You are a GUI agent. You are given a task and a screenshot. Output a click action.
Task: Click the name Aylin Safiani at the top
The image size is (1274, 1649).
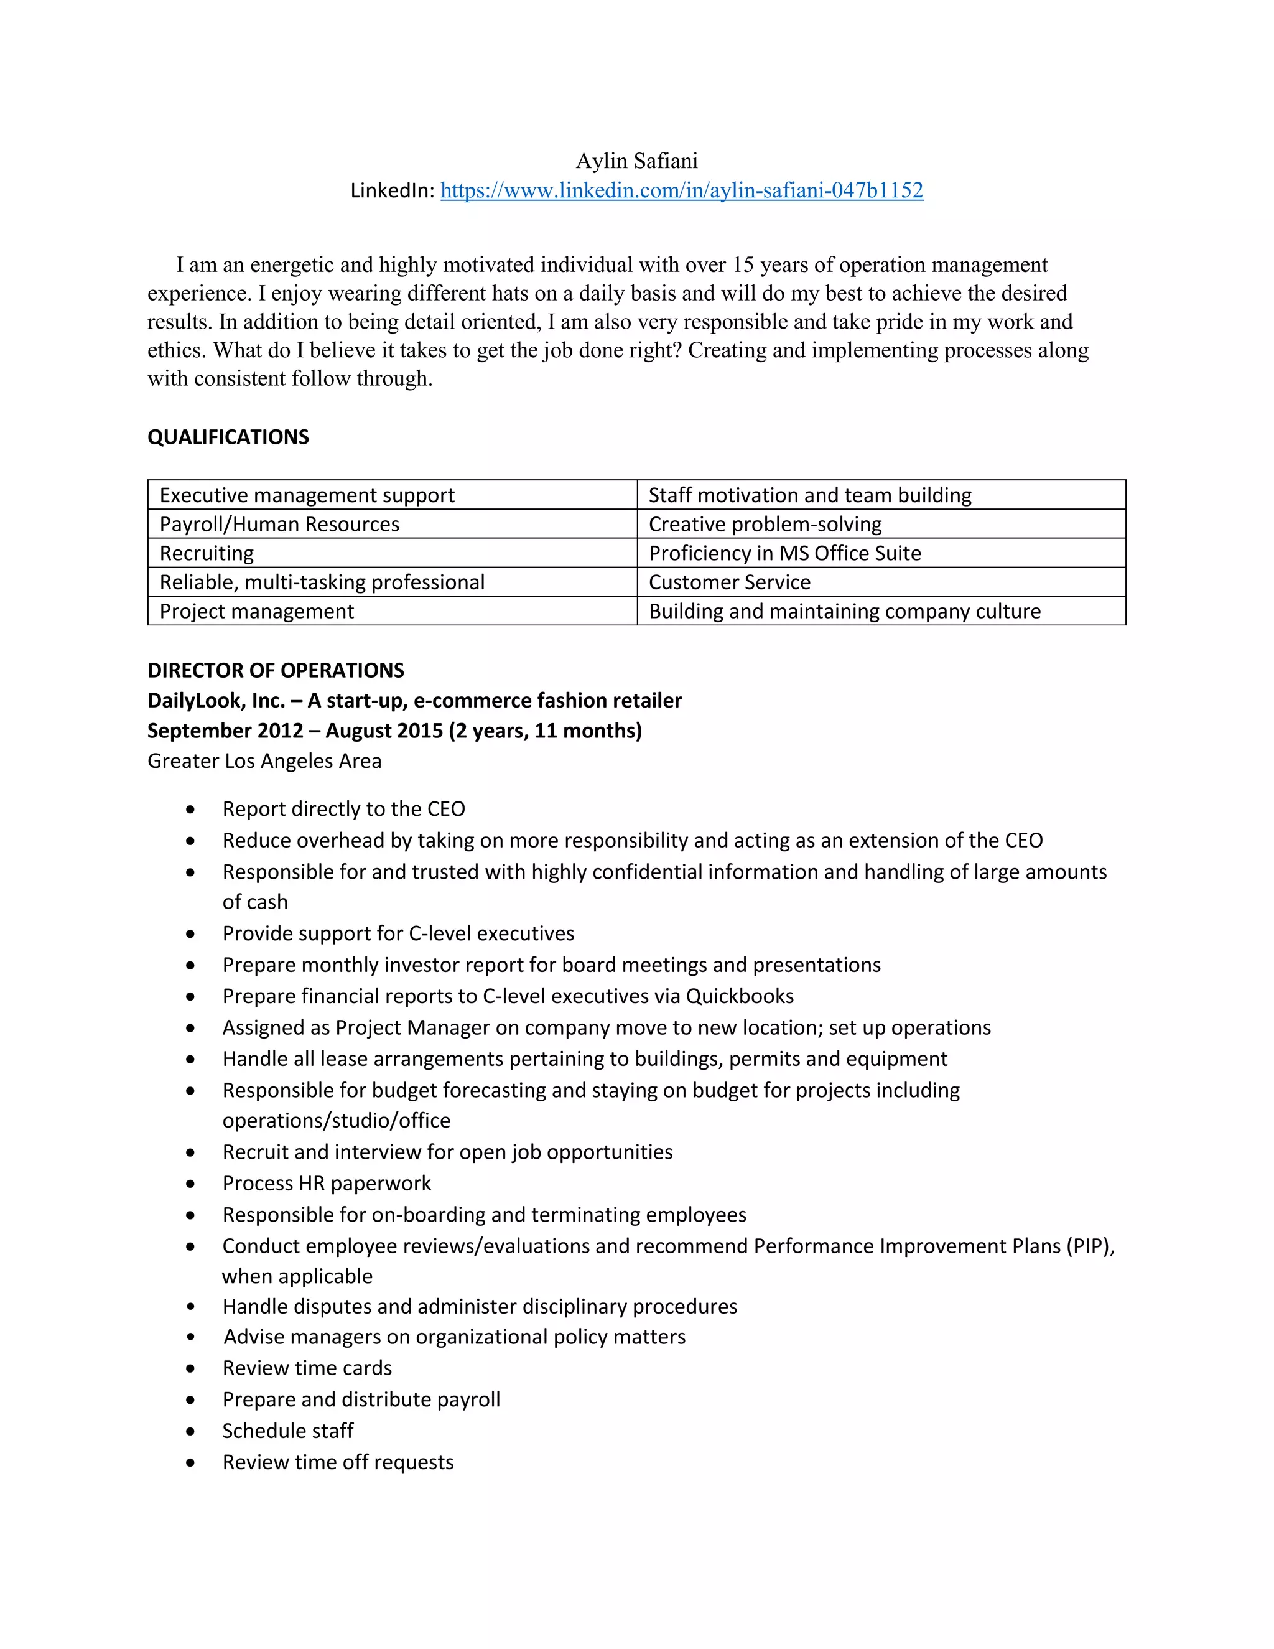pyautogui.click(x=636, y=161)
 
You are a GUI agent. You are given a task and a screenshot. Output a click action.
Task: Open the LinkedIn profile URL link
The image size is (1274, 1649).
pyautogui.click(x=682, y=190)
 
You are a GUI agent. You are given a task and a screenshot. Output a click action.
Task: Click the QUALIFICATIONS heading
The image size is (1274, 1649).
pyautogui.click(x=228, y=437)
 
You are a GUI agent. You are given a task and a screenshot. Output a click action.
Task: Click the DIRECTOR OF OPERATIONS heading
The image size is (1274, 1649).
pyautogui.click(x=276, y=670)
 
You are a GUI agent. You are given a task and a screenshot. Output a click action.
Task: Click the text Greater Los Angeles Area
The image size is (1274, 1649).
pyautogui.click(x=264, y=761)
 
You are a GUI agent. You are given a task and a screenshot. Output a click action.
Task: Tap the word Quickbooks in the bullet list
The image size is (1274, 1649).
pyautogui.click(x=740, y=997)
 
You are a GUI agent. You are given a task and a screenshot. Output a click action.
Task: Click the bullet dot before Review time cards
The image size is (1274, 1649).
pyautogui.click(x=191, y=1369)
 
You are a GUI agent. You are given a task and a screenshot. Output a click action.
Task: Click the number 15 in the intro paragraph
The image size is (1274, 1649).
pyautogui.click(x=743, y=265)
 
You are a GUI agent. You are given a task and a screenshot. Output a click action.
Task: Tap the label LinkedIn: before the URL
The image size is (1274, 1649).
pyautogui.click(x=393, y=191)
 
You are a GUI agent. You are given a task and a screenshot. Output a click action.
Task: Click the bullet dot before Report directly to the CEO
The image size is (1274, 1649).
pyautogui.click(x=191, y=810)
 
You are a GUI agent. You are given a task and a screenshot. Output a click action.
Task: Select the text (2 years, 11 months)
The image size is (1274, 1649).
pyautogui.click(x=545, y=731)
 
